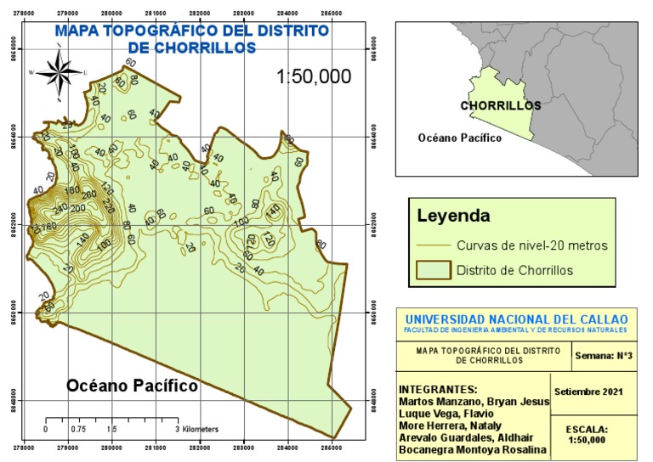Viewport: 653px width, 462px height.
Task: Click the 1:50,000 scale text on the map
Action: click(x=314, y=76)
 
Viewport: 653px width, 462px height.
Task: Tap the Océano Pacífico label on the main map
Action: click(x=132, y=386)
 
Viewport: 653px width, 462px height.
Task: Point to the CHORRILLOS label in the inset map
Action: click(x=501, y=106)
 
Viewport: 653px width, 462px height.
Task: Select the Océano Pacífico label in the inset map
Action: click(x=459, y=138)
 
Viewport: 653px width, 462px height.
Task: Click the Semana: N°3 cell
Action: click(x=601, y=355)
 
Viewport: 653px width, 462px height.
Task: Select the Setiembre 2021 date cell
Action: click(x=588, y=392)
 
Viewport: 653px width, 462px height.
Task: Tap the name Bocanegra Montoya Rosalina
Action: click(x=468, y=448)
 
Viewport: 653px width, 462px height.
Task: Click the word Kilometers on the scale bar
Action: click(x=200, y=430)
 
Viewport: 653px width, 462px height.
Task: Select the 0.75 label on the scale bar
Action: click(x=77, y=430)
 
